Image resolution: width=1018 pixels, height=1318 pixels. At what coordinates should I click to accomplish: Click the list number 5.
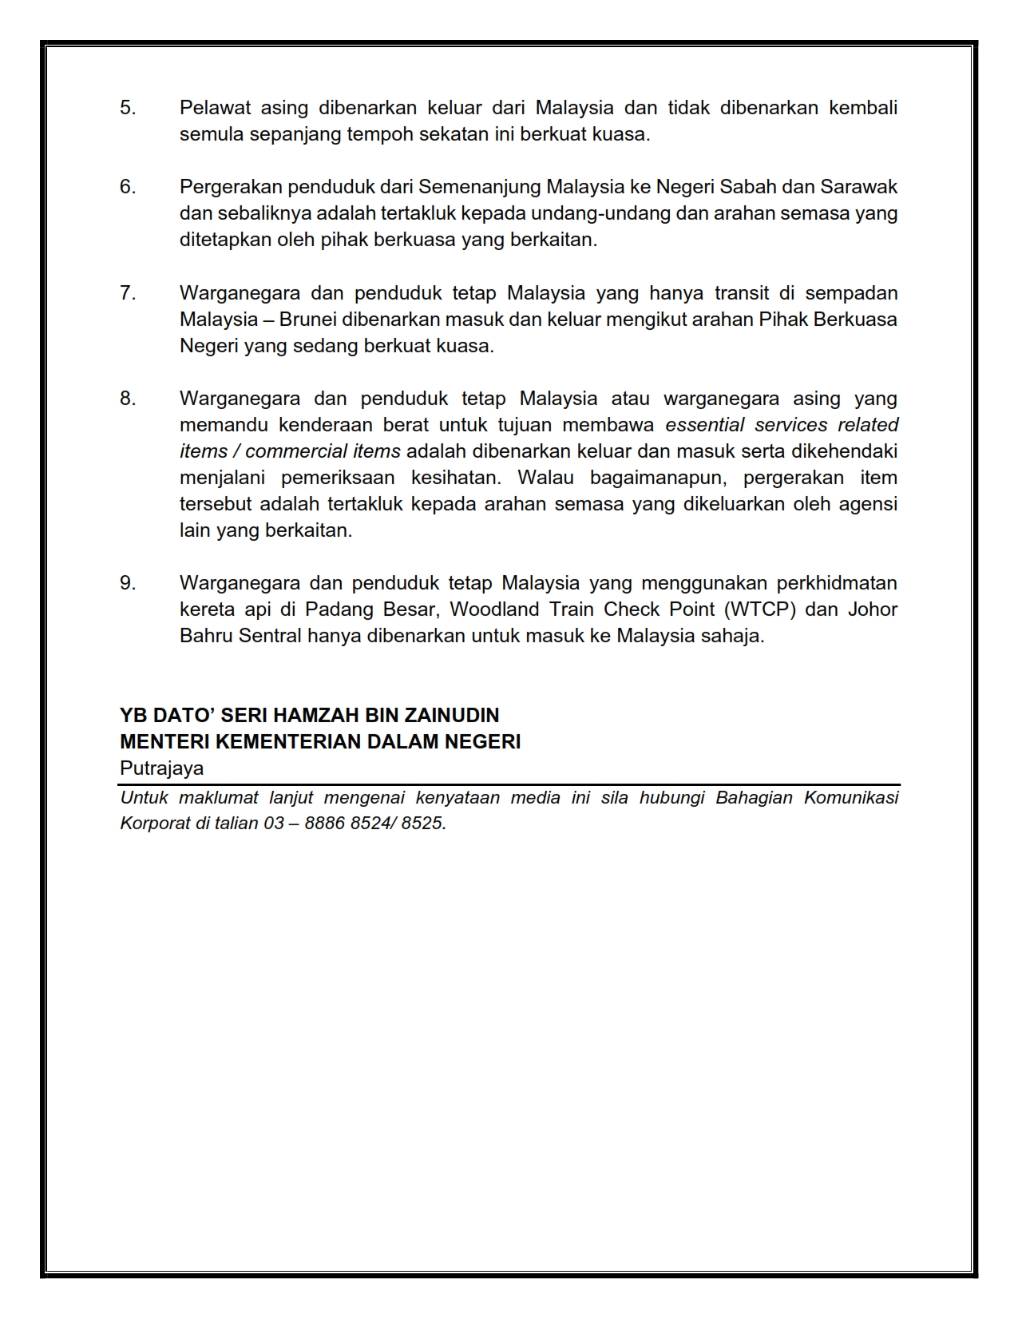pyautogui.click(x=128, y=108)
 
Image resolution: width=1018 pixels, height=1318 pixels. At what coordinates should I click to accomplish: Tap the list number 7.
pyautogui.click(x=128, y=293)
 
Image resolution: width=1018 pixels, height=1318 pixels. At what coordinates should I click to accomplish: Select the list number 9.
pyautogui.click(x=128, y=583)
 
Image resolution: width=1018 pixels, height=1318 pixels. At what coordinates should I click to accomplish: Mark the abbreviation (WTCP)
pyautogui.click(x=759, y=609)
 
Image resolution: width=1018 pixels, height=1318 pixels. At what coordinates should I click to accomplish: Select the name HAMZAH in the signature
pyautogui.click(x=312, y=715)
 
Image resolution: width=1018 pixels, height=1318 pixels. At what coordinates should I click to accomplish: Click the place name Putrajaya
pyautogui.click(x=161, y=768)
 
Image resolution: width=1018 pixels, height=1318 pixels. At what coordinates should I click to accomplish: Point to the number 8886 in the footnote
pyautogui.click(x=324, y=823)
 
